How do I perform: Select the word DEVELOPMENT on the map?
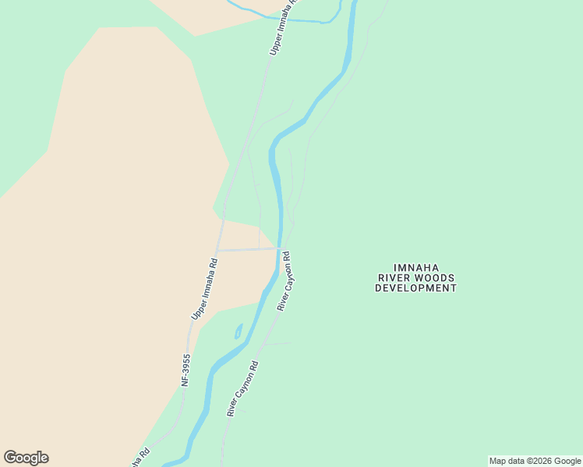click(415, 288)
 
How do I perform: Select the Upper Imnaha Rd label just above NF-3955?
click(204, 289)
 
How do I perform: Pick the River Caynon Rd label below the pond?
click(242, 388)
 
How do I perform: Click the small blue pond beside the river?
click(238, 331)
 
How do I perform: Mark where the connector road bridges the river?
click(278, 249)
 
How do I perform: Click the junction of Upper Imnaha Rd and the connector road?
click(218, 250)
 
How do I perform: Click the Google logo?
click(26, 458)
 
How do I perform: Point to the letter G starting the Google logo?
click(10, 457)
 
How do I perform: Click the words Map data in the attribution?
click(507, 461)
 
